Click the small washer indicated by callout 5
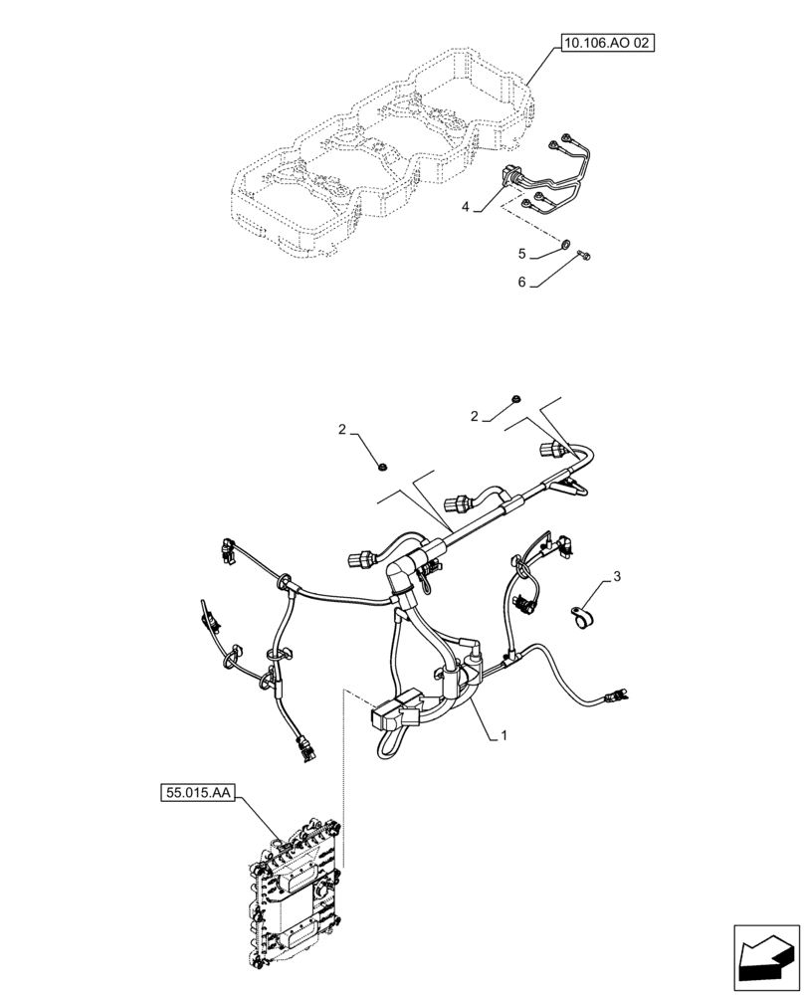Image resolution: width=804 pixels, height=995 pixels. pyautogui.click(x=565, y=242)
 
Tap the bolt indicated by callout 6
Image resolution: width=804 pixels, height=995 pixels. pyautogui.click(x=585, y=258)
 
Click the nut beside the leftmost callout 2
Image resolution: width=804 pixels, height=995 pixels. pyautogui.click(x=384, y=464)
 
